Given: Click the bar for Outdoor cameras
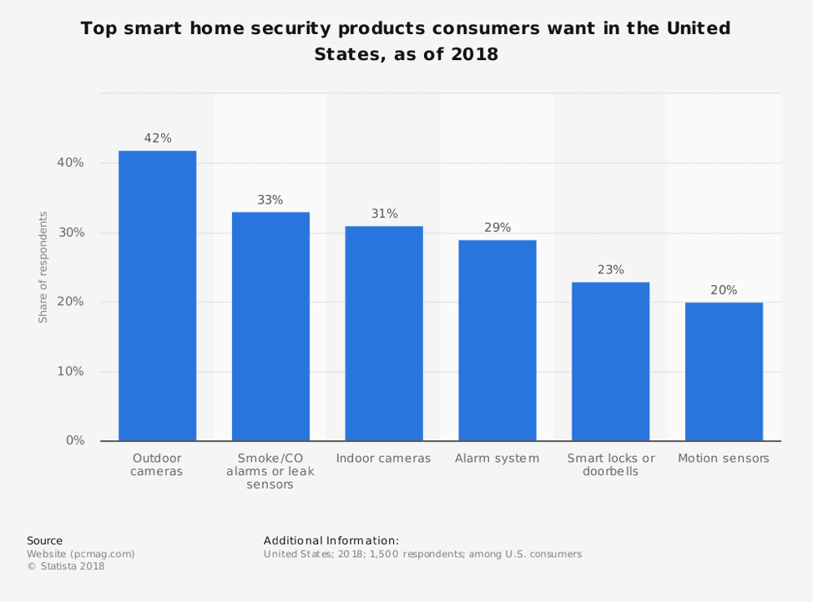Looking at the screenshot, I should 157,296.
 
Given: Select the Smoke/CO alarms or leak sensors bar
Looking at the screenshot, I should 270,326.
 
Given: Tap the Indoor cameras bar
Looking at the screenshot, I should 384,334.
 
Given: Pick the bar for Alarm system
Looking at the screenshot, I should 497,340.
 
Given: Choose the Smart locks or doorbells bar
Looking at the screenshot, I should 610,361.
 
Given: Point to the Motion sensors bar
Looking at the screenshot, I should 724,372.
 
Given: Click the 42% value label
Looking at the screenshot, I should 158,138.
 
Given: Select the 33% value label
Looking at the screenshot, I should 270,200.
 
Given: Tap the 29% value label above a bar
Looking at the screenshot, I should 497,228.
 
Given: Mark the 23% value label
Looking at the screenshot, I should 610,270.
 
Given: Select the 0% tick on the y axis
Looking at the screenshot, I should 75,440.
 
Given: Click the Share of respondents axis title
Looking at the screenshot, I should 43,267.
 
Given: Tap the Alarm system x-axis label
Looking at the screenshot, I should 497,459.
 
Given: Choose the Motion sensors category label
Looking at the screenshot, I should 724,459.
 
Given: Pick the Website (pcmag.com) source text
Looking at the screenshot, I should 80,554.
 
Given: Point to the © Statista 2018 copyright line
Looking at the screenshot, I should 66,567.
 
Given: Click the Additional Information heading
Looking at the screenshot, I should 331,540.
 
